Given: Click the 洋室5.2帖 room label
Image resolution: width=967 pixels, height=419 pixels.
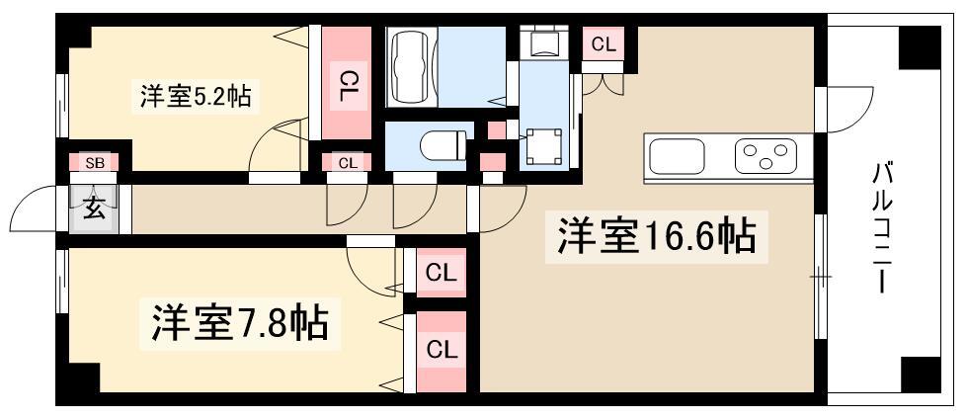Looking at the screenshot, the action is [x=195, y=97].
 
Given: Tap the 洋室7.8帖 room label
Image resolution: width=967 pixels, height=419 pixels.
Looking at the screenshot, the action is [x=240, y=321].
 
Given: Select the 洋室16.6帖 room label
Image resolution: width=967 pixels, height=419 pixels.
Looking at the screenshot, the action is [x=657, y=236].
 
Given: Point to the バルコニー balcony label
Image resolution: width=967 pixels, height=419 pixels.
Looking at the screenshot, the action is [x=882, y=227].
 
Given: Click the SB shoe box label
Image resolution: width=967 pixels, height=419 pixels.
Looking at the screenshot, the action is [x=94, y=163].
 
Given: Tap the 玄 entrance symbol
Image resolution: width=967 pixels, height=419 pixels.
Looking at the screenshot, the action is [x=93, y=209].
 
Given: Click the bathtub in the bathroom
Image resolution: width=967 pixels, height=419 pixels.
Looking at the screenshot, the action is [x=411, y=67].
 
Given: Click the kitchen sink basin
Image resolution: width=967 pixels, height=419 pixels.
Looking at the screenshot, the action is [x=677, y=156].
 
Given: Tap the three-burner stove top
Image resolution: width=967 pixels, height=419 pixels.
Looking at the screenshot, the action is [x=766, y=155].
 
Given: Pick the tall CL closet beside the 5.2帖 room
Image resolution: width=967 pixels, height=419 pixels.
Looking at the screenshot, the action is [x=346, y=83].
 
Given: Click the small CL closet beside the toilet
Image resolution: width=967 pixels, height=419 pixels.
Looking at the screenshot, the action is [x=348, y=162].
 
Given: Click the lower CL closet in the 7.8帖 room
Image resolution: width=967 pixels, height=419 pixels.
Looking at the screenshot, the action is [x=441, y=351].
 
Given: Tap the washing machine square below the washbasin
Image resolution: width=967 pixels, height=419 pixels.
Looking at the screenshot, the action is [x=543, y=147].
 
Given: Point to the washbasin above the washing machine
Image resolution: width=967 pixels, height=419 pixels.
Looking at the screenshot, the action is [x=543, y=42].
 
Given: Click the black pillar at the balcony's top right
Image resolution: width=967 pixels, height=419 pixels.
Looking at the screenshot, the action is [x=920, y=47].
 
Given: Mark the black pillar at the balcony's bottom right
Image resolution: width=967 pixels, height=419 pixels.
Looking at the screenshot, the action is [x=921, y=375].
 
